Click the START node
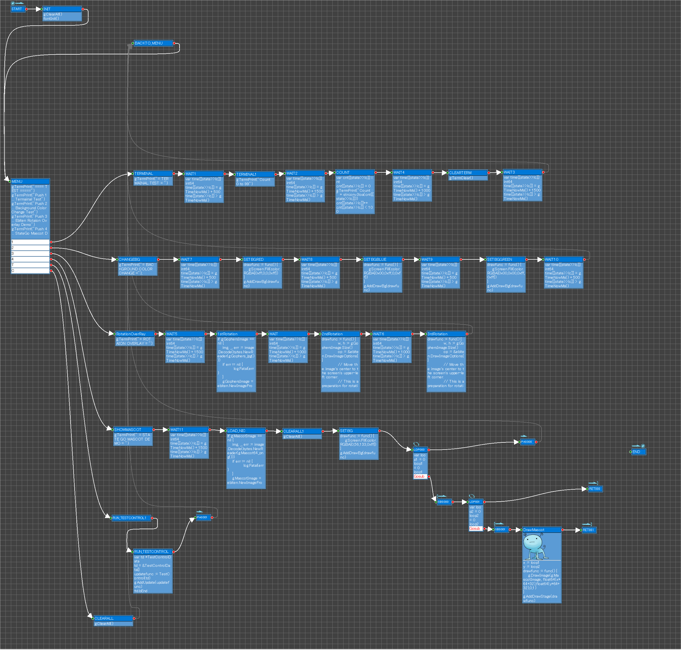click(x=18, y=9)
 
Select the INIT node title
click(x=62, y=9)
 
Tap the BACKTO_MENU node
click(x=153, y=43)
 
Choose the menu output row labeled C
click(x=30, y=271)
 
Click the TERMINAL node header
click(x=153, y=173)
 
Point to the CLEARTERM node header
click(x=467, y=173)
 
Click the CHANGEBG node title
click(x=137, y=259)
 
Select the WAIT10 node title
click(x=563, y=259)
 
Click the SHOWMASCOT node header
click(x=133, y=430)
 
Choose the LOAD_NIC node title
click(x=246, y=431)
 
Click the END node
click(x=638, y=452)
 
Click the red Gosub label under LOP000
click(x=419, y=477)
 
